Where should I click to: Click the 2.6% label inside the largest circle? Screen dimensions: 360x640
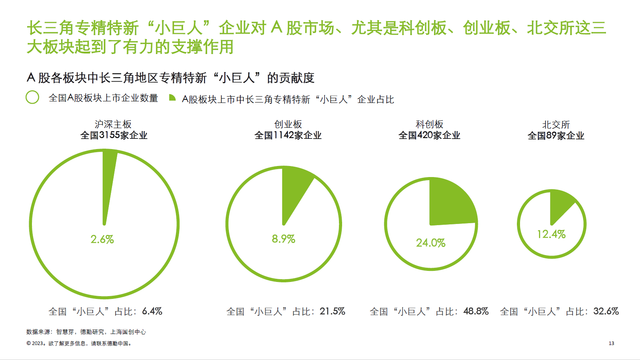point(102,239)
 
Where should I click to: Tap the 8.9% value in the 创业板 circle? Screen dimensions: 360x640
point(283,239)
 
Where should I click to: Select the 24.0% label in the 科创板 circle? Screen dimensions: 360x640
point(430,243)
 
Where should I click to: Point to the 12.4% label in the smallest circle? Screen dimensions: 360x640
point(551,234)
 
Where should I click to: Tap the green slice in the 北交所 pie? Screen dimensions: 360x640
point(560,205)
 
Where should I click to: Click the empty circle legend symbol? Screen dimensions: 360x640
point(32,97)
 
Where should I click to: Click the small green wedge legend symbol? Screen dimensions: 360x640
point(172,98)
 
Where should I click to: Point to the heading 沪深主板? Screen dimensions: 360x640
point(113,125)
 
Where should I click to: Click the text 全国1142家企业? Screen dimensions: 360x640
point(288,135)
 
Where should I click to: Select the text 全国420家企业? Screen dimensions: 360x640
point(429,135)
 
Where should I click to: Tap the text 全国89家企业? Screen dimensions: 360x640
point(556,136)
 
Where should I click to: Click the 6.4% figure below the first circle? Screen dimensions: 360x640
point(152,311)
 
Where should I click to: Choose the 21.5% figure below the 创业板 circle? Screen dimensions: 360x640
point(332,311)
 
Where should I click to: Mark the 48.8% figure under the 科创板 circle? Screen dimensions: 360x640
point(476,311)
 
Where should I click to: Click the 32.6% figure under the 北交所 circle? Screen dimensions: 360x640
point(606,311)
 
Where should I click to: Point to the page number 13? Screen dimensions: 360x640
point(611,343)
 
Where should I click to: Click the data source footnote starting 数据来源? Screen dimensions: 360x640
point(86,332)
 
